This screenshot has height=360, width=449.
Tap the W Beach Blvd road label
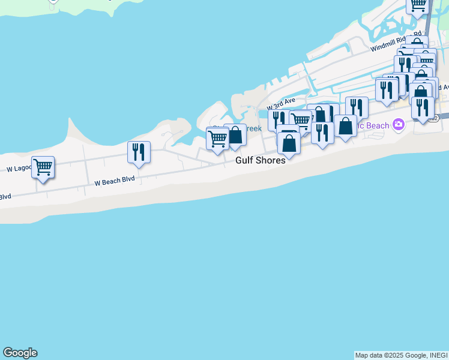pyautogui.click(x=113, y=180)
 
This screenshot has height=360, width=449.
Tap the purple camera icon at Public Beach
pyautogui.click(x=397, y=125)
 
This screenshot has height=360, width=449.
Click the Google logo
pyautogui.click(x=20, y=353)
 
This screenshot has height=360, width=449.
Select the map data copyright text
pyautogui.click(x=401, y=355)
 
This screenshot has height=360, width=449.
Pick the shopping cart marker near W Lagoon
pyautogui.click(x=43, y=167)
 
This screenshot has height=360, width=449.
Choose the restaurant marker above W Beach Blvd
pyautogui.click(x=139, y=153)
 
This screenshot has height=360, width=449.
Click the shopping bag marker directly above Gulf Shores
pyautogui.click(x=289, y=144)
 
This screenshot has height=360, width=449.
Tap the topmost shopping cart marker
pyautogui.click(x=417, y=5)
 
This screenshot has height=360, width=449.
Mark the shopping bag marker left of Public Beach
pyautogui.click(x=345, y=126)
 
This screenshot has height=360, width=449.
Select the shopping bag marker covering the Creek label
pyautogui.click(x=235, y=135)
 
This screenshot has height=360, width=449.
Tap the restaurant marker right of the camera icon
pyautogui.click(x=423, y=108)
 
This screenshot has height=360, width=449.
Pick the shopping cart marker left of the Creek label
pyautogui.click(x=217, y=139)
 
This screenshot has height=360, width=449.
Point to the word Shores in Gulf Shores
pyautogui.click(x=268, y=161)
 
